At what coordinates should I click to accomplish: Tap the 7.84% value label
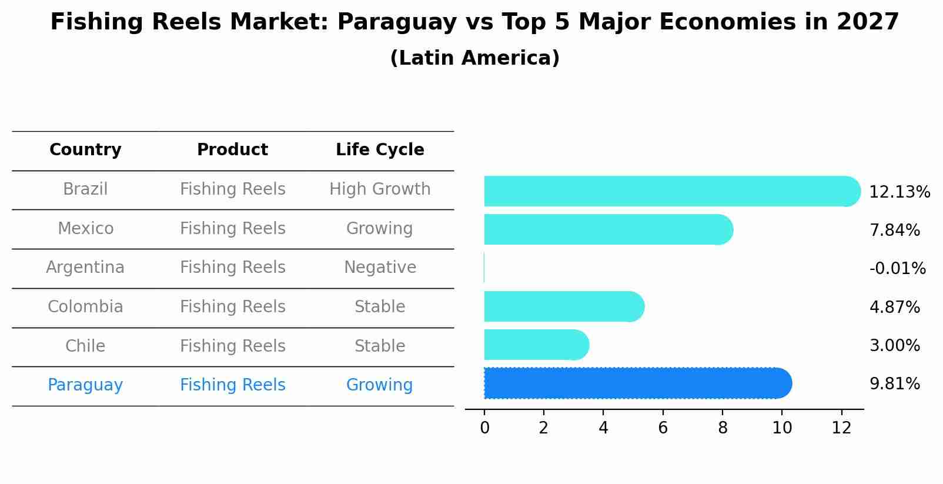pyautogui.click(x=894, y=231)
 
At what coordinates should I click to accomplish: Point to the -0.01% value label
pyautogui.click(x=897, y=269)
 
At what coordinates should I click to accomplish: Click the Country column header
pyautogui.click(x=85, y=150)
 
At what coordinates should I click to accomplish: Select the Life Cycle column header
pyautogui.click(x=380, y=150)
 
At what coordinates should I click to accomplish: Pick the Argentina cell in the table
pyautogui.click(x=85, y=268)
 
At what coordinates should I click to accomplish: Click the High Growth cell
pyautogui.click(x=380, y=189)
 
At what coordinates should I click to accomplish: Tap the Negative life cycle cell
pyautogui.click(x=380, y=268)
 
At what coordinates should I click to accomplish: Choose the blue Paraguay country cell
pyautogui.click(x=85, y=385)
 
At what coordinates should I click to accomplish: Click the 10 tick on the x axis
pyautogui.click(x=782, y=428)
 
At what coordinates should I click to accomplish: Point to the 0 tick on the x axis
pyautogui.click(x=484, y=428)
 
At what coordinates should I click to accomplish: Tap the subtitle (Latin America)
pyautogui.click(x=474, y=58)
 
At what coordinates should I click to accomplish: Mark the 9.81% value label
pyautogui.click(x=894, y=384)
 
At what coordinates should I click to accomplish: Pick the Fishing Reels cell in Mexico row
pyautogui.click(x=232, y=229)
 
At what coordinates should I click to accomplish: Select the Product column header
pyautogui.click(x=232, y=150)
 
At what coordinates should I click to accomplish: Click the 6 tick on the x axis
pyautogui.click(x=663, y=428)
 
